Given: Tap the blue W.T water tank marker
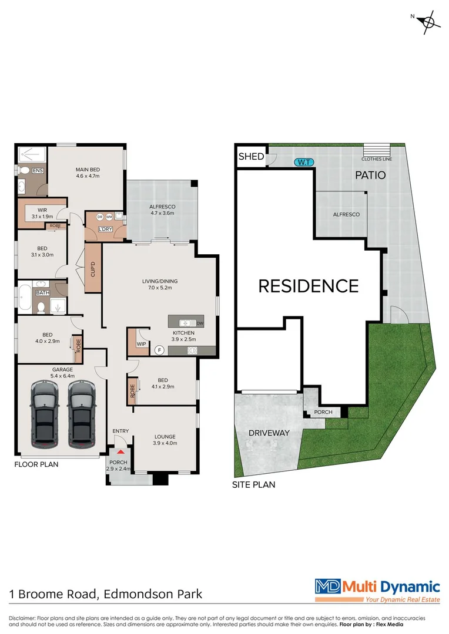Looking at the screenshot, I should [x=304, y=162].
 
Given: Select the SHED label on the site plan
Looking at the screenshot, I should [x=251, y=157].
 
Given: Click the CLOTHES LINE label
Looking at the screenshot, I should [x=377, y=159].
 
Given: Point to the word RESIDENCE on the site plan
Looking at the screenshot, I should [x=309, y=286].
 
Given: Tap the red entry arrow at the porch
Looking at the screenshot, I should [x=120, y=451].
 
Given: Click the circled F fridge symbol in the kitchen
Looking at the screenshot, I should [x=158, y=350].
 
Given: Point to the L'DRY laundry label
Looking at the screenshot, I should [x=106, y=228].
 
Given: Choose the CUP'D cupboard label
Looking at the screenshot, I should [x=93, y=268].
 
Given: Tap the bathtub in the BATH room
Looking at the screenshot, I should [x=25, y=297].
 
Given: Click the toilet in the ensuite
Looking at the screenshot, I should [x=24, y=171].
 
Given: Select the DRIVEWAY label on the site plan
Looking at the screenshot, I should [x=269, y=433].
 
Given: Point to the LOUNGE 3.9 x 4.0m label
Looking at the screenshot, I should [x=164, y=440].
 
